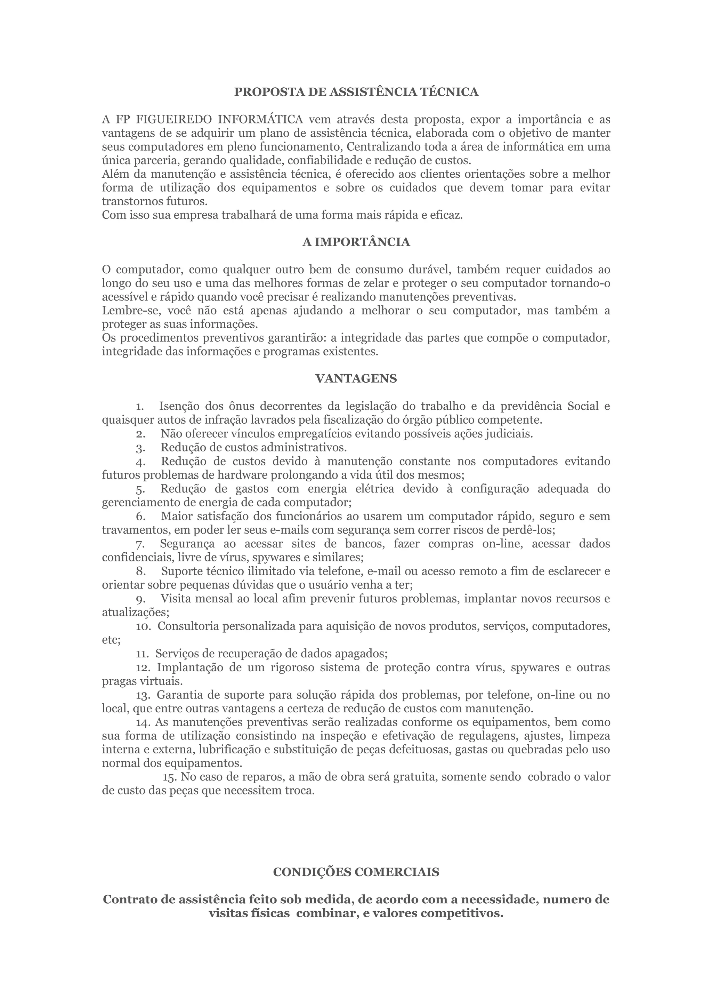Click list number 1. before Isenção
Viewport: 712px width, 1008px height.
pos(140,407)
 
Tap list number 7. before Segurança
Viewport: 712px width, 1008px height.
pos(140,544)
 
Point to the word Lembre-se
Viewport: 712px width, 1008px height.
pos(127,311)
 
